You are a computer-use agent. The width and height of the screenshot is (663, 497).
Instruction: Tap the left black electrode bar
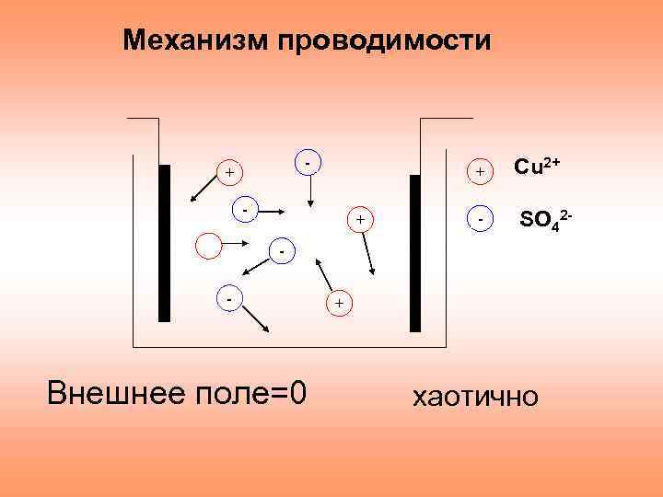pos(164,243)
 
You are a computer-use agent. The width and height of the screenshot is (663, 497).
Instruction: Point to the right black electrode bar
pos(415,253)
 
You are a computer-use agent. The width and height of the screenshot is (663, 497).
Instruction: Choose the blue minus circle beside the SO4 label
pos(482,220)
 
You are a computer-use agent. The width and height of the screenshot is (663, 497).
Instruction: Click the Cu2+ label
pos(538,167)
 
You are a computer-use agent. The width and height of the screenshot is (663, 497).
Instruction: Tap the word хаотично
pos(474,398)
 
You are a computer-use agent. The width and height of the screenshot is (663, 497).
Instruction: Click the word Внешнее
pos(107,394)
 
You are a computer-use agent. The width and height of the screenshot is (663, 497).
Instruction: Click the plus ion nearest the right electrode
pos(360,220)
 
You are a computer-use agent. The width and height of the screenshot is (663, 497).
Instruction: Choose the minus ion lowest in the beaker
pos(231,296)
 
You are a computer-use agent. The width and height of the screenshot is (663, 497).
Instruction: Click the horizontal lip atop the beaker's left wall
pos(143,119)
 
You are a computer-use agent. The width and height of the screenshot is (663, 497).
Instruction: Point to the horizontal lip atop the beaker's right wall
pos(446,119)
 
